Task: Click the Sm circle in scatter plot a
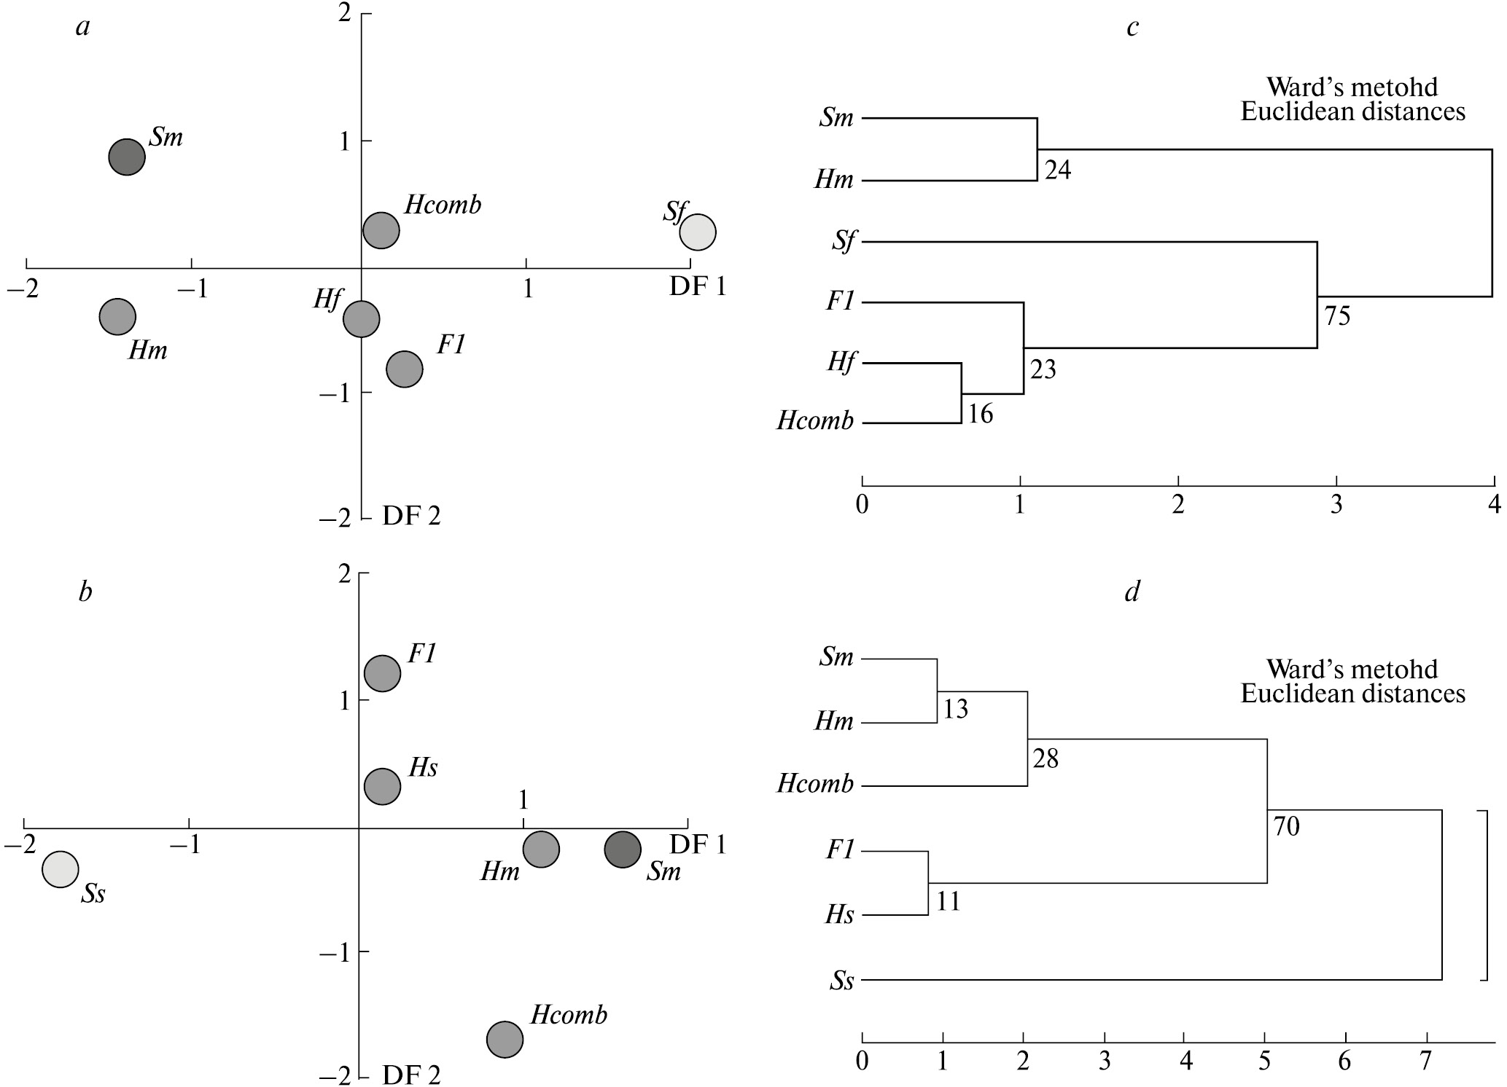(x=127, y=157)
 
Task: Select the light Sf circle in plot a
(x=698, y=232)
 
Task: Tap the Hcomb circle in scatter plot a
(x=381, y=230)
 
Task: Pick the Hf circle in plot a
(x=362, y=318)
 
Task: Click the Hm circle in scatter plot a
(x=117, y=316)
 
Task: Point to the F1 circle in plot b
(x=382, y=672)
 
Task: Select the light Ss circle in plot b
(x=60, y=869)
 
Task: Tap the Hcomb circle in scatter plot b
(x=505, y=1039)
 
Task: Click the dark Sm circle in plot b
(x=623, y=849)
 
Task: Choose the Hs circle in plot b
(x=382, y=786)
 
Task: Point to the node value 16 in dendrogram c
(x=981, y=414)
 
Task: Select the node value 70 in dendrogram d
(x=1287, y=827)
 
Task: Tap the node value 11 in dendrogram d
(x=948, y=902)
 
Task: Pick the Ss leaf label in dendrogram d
(x=841, y=981)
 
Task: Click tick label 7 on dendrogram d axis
(x=1425, y=1061)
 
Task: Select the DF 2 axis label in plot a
(x=411, y=516)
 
